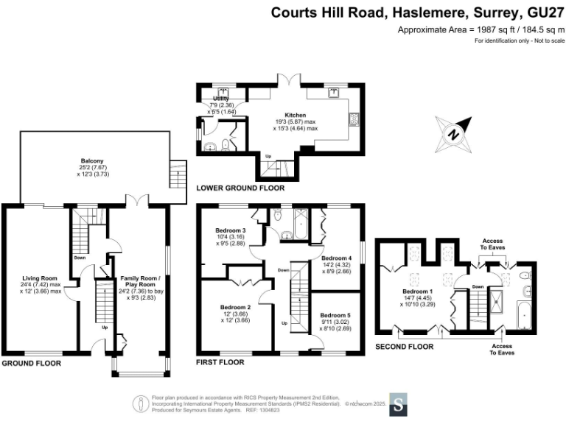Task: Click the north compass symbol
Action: (x=454, y=134)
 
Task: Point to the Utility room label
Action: (x=221, y=99)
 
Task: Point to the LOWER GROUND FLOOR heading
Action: (x=240, y=188)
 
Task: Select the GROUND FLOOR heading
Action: (x=32, y=363)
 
